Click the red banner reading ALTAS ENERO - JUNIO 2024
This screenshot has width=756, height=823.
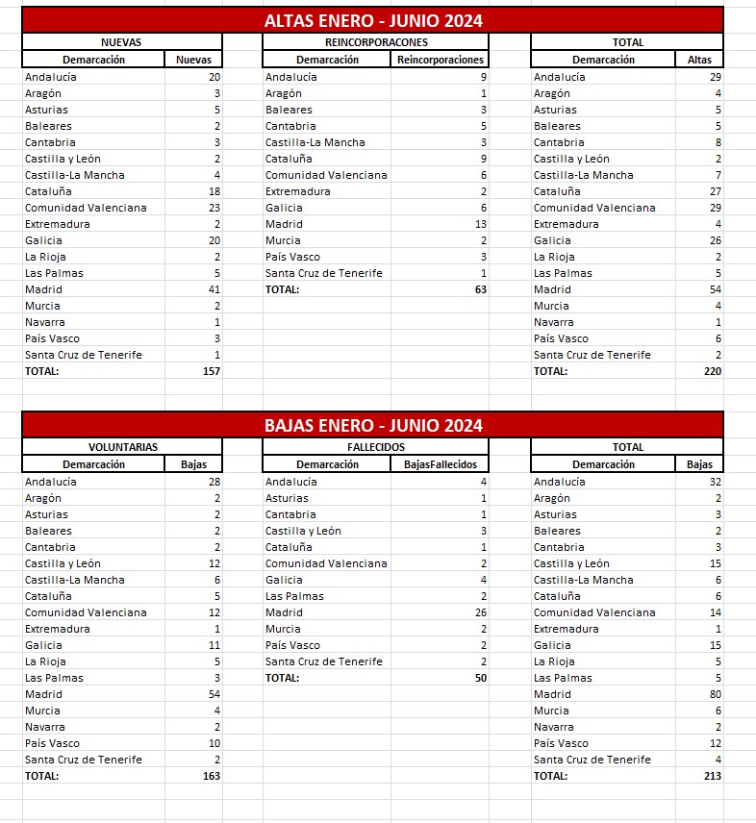point(373,21)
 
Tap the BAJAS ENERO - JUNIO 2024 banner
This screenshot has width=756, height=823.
point(373,425)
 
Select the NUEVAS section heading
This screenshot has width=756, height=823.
point(121,42)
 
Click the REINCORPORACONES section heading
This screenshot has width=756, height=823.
point(376,42)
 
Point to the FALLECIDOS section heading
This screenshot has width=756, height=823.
point(376,447)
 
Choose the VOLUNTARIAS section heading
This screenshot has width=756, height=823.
point(123,447)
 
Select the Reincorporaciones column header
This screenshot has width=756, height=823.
point(441,60)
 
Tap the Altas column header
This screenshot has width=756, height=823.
point(699,60)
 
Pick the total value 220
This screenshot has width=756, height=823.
point(711,371)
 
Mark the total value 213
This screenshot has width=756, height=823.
point(711,776)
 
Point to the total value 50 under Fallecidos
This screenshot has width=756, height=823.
point(480,678)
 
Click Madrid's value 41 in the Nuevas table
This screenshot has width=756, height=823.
point(214,289)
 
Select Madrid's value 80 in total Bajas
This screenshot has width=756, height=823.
point(715,694)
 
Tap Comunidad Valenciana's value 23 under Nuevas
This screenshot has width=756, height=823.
point(214,208)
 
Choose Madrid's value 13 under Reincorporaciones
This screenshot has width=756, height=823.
point(480,224)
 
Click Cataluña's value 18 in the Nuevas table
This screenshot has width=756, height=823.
point(214,191)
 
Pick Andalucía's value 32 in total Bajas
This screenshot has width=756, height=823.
point(715,482)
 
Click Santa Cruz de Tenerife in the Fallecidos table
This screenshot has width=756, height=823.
point(323,661)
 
